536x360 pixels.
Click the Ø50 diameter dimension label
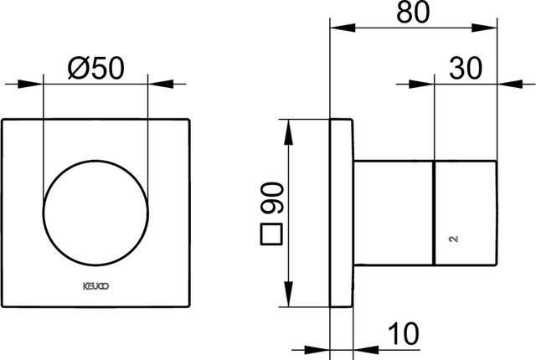click(x=96, y=69)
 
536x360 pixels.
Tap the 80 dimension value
click(x=413, y=13)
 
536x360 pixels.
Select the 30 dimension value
click(x=466, y=69)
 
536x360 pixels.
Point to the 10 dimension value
click(x=404, y=333)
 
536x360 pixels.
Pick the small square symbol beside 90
click(x=271, y=234)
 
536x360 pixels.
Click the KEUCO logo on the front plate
click(x=96, y=286)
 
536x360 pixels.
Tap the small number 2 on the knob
click(x=454, y=239)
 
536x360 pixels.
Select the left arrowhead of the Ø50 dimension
click(x=30, y=84)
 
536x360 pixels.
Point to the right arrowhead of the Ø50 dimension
click(x=161, y=84)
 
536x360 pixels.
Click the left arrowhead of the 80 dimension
click(x=343, y=28)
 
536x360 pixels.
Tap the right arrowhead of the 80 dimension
click(x=484, y=28)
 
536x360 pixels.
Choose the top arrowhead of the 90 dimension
click(x=289, y=132)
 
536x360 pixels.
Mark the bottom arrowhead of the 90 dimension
click(x=289, y=294)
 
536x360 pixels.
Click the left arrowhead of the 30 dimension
click(x=421, y=84)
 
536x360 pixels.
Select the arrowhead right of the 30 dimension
click(x=510, y=84)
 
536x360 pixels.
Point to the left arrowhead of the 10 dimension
click(x=317, y=350)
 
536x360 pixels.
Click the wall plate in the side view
click(x=341, y=213)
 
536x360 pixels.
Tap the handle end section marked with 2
click(x=466, y=213)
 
